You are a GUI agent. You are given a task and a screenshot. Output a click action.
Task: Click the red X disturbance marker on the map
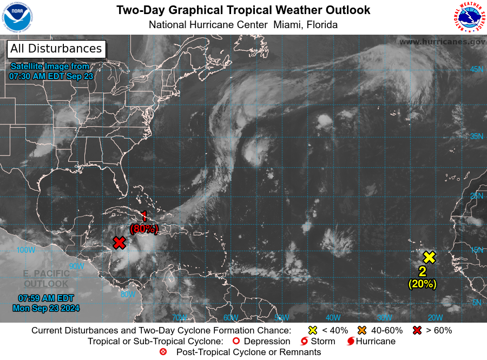119,243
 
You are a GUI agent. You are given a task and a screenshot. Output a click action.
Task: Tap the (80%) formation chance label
143,228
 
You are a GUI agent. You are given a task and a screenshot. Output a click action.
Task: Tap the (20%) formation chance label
422,283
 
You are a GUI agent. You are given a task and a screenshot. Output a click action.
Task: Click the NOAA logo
18,18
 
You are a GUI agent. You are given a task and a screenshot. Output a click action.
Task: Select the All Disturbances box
56,49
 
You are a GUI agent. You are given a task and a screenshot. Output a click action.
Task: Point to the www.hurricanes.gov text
442,42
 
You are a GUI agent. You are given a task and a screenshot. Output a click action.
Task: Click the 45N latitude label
476,69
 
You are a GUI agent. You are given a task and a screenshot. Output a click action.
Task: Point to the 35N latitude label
476,136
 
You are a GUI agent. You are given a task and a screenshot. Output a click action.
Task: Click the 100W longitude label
25,250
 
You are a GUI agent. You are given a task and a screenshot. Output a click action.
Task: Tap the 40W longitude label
333,317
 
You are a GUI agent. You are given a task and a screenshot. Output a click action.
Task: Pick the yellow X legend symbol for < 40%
312,330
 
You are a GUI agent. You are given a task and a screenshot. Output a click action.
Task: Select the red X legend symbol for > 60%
417,330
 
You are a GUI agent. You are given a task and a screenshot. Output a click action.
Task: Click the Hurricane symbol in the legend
351,342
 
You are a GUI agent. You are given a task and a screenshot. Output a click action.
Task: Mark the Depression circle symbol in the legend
235,342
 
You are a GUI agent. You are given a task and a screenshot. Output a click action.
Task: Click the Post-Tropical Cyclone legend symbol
163,352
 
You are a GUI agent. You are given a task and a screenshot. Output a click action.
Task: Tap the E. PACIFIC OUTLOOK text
46,278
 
